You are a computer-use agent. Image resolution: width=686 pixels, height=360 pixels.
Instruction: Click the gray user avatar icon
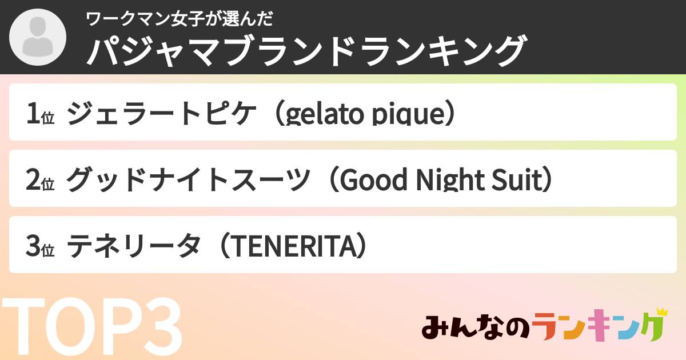pos(37,38)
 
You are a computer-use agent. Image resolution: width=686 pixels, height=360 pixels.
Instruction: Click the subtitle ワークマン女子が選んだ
pos(179,19)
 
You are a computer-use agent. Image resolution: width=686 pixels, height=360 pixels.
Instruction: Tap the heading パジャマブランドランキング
pos(305,51)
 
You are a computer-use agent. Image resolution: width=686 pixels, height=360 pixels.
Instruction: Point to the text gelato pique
pos(365,114)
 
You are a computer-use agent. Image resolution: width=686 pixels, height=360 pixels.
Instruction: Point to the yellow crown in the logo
pos(661,312)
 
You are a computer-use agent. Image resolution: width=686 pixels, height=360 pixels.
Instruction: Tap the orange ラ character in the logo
pos(549,328)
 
